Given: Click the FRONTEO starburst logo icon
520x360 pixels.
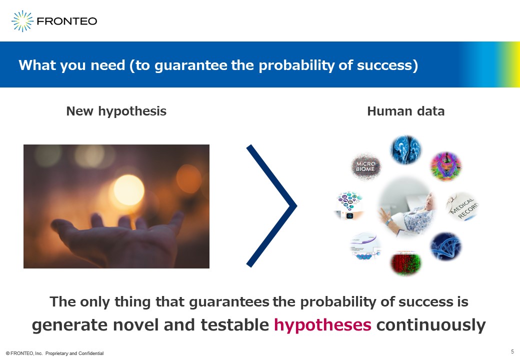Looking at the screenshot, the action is coord(22,21).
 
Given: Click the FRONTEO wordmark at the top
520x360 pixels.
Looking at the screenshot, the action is coord(67,21).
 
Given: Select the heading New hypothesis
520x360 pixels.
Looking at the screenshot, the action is coord(116,111).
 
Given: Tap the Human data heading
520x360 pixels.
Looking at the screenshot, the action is coord(405,111).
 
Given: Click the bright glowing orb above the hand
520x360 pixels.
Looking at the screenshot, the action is coord(128,190).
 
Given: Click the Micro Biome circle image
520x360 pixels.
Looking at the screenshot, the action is coord(366,166).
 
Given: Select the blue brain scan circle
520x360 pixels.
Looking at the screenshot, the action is coord(406,149).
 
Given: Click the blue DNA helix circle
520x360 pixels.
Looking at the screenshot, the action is coord(445,246).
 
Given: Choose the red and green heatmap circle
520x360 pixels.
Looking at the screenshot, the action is coord(405,263).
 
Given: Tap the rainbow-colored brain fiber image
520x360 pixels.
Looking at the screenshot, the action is coord(446,166).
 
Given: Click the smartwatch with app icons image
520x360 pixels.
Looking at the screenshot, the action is coord(349,206).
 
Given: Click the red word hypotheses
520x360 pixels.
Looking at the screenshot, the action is coord(322,325).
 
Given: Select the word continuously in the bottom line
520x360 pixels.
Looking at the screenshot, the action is coord(431,325).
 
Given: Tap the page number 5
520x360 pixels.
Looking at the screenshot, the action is coord(512,351).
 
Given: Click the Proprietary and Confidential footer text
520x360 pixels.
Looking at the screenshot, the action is coord(74,353).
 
